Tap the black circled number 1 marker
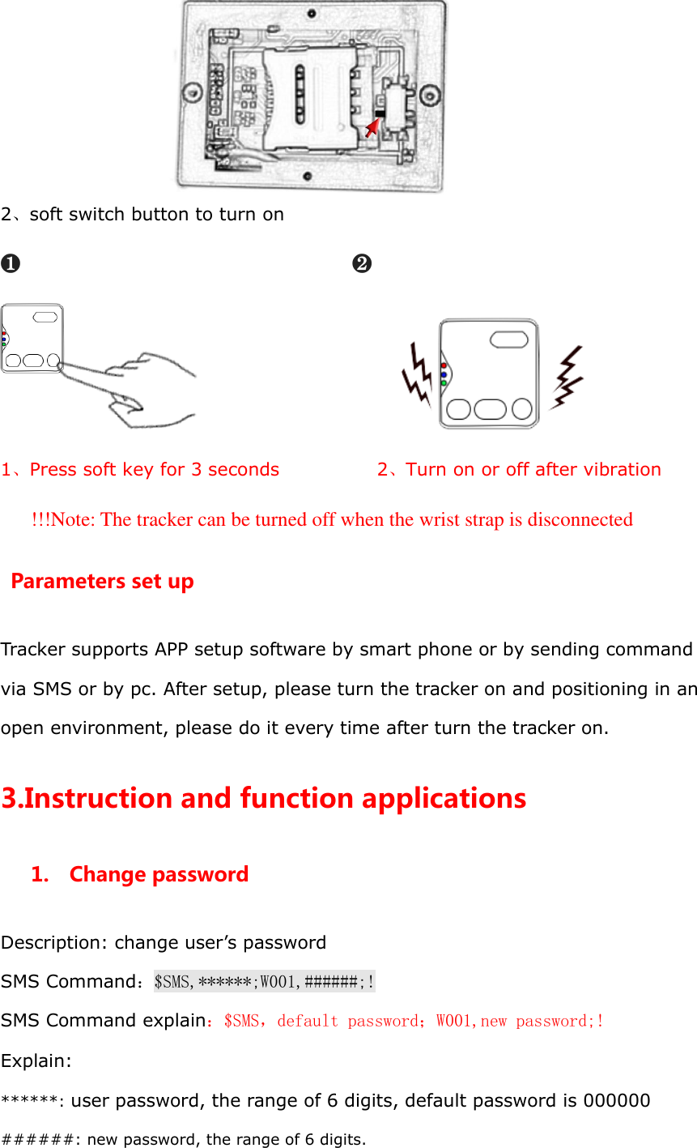coord(11,263)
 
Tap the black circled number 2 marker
coord(362,263)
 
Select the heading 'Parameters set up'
coord(102,582)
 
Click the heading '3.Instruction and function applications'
coord(264,799)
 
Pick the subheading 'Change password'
coord(159,875)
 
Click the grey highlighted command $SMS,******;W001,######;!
coord(264,982)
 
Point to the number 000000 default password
coord(617,1100)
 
